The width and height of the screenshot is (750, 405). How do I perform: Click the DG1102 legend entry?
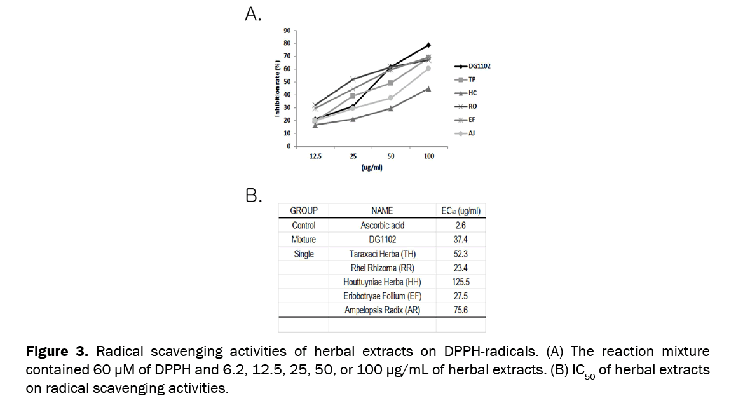pyautogui.click(x=479, y=66)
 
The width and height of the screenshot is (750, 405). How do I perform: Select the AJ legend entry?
pyautogui.click(x=472, y=133)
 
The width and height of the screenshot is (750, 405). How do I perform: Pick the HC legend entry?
pyautogui.click(x=472, y=93)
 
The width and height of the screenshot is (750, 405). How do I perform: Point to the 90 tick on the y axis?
pyautogui.click(x=287, y=31)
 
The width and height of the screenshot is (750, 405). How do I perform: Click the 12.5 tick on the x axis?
pyautogui.click(x=315, y=156)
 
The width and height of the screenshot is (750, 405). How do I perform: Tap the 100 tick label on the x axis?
pyautogui.click(x=428, y=156)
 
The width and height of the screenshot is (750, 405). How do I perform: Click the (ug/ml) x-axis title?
pyautogui.click(x=371, y=168)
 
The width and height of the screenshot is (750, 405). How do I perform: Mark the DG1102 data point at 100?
pyautogui.click(x=428, y=45)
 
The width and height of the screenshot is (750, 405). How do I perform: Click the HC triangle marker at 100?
pyautogui.click(x=428, y=88)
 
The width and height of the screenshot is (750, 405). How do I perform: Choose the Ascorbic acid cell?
pyautogui.click(x=382, y=225)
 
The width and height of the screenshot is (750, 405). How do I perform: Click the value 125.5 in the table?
pyautogui.click(x=461, y=282)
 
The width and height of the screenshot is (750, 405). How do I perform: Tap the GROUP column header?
pyautogui.click(x=303, y=210)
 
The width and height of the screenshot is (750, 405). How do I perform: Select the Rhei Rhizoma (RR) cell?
pyautogui.click(x=382, y=268)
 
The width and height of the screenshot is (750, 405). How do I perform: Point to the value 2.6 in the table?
pyautogui.click(x=461, y=225)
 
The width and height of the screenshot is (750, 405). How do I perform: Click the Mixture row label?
pyautogui.click(x=303, y=240)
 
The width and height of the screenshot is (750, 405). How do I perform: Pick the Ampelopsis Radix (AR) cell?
pyautogui.click(x=382, y=310)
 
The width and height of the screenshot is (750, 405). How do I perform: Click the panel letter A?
pyautogui.click(x=252, y=14)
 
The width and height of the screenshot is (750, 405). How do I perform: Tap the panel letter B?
pyautogui.click(x=252, y=195)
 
